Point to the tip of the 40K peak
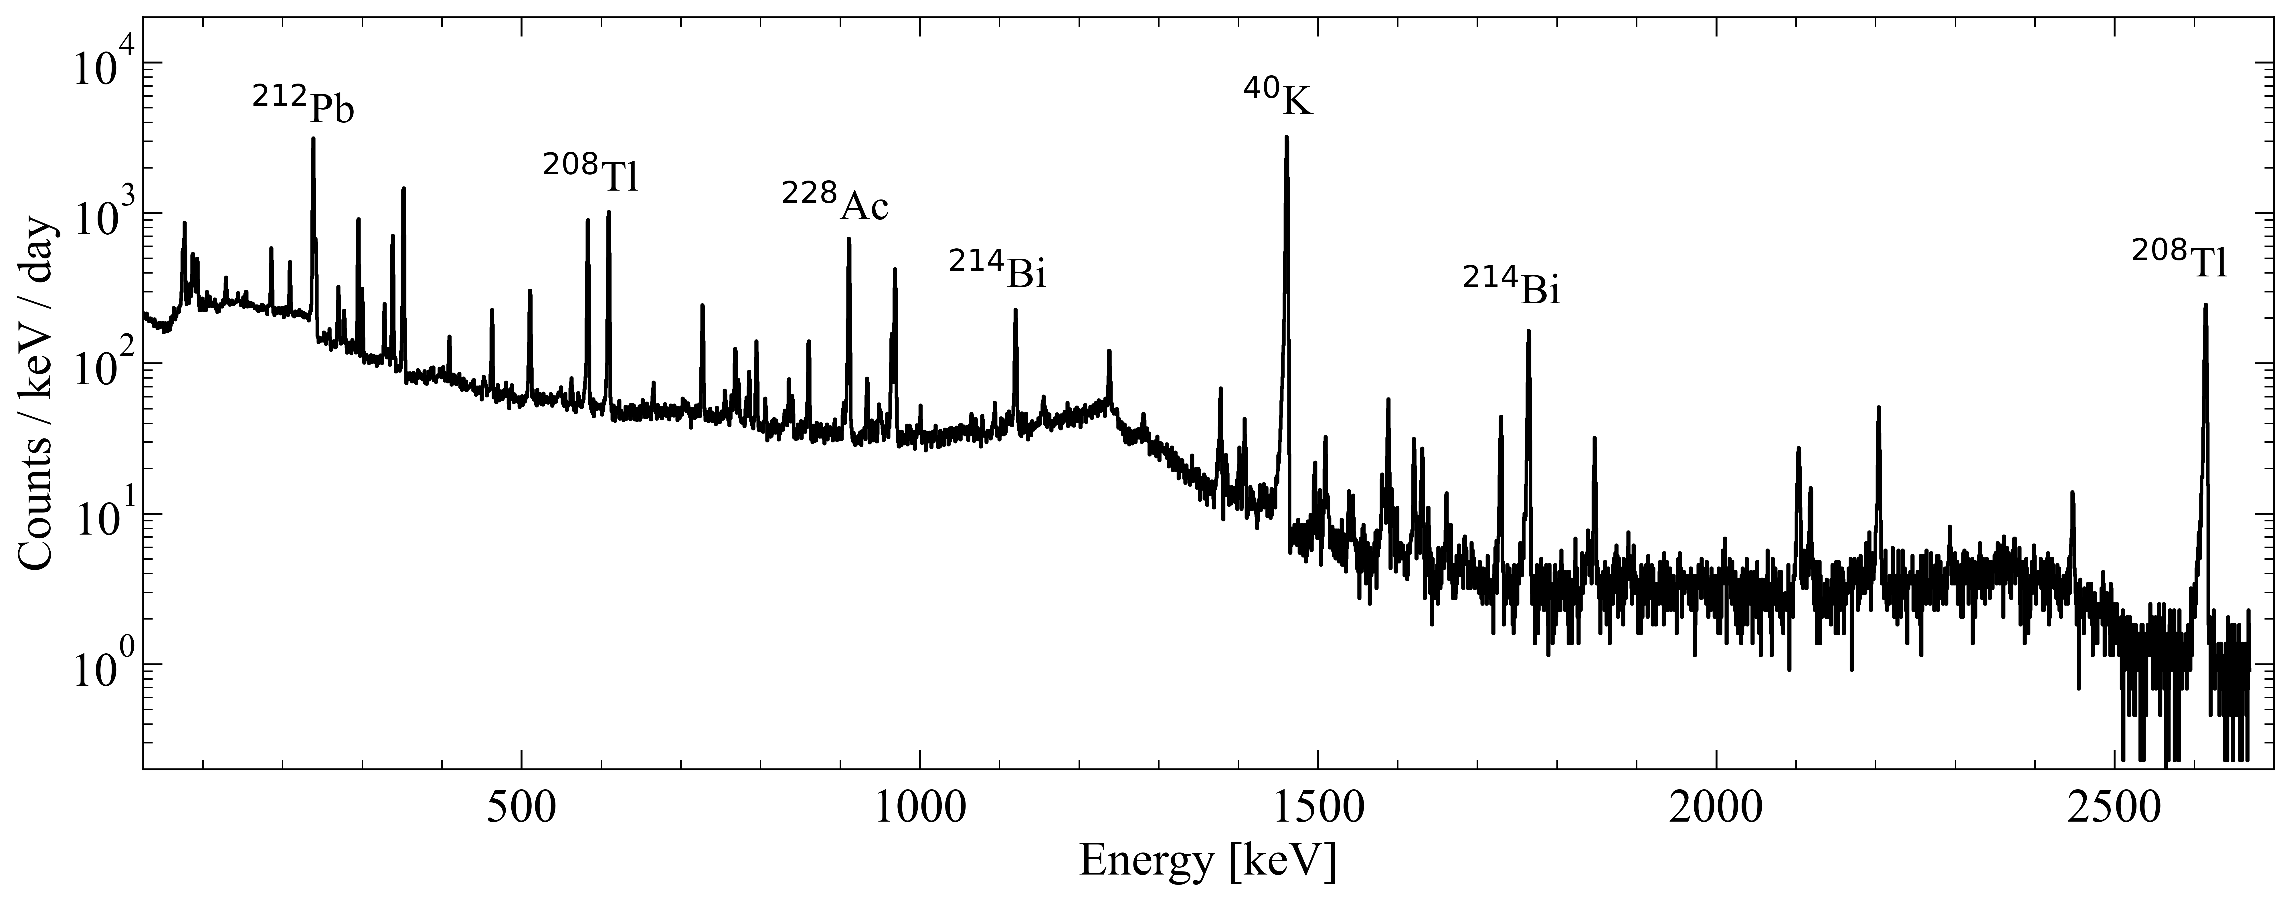click(x=1286, y=138)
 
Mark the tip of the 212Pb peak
click(x=313, y=139)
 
